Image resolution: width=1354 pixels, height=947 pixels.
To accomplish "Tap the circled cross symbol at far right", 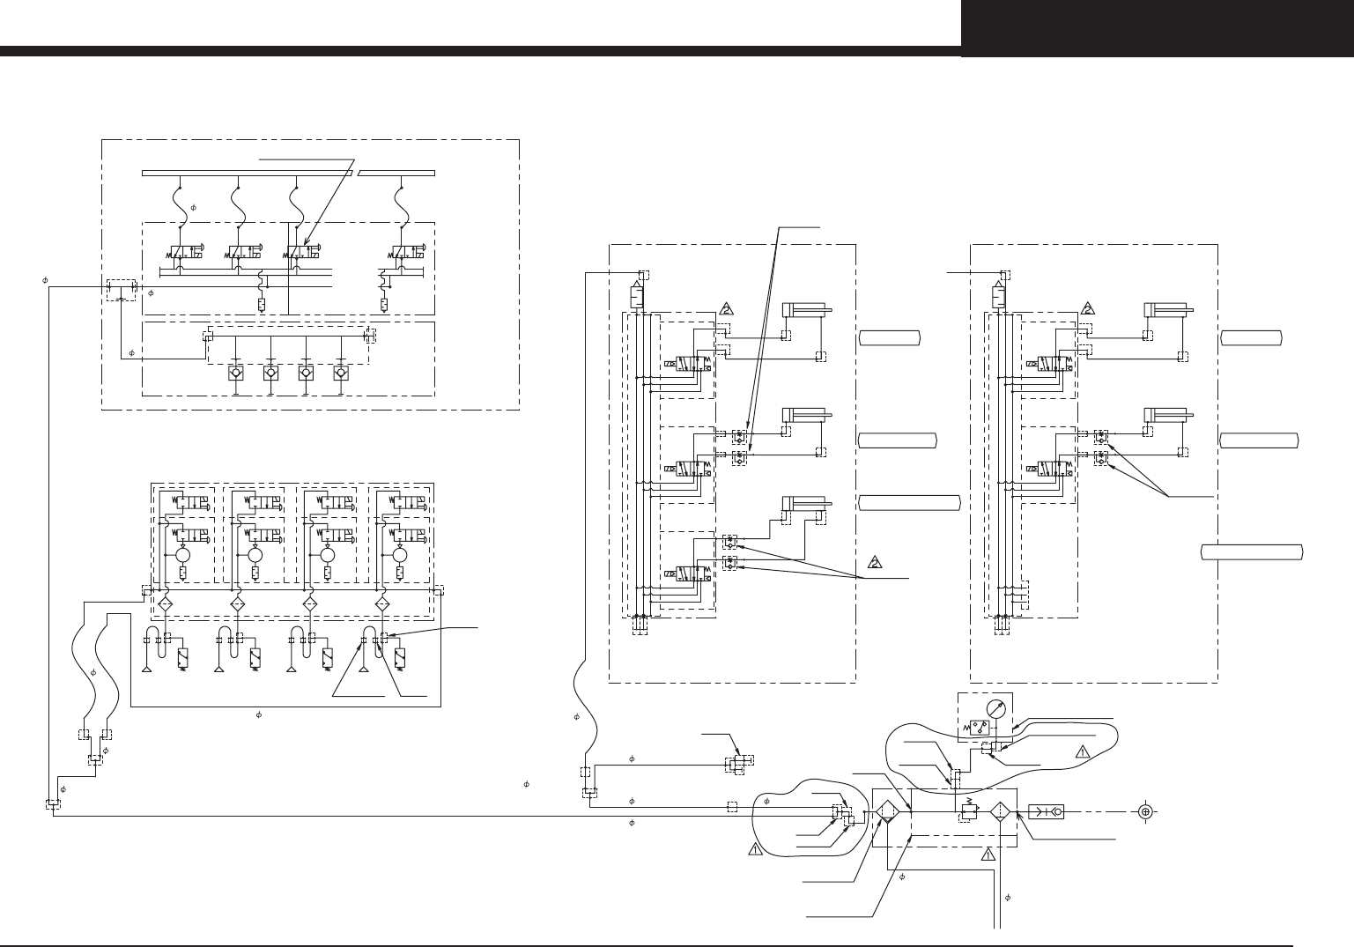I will pos(1145,811).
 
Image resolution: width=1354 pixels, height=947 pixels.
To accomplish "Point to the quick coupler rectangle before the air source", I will pos(1046,811).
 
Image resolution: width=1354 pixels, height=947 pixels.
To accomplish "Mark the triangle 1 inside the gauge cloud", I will pos(1084,751).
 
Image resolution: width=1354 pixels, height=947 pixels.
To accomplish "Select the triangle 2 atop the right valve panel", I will pos(1088,309).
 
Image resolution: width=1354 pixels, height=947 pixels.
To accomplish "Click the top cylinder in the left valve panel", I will pos(803,310).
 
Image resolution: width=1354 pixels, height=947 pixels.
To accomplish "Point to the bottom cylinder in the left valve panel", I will pos(803,504).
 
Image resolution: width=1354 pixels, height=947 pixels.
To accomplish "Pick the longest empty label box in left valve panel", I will pos(909,503).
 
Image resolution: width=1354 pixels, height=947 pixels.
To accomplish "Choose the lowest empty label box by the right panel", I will pos(1252,552).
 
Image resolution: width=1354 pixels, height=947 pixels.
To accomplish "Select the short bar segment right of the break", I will pos(396,173).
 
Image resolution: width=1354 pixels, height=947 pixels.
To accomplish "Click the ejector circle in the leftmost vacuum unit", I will pos(183,556).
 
